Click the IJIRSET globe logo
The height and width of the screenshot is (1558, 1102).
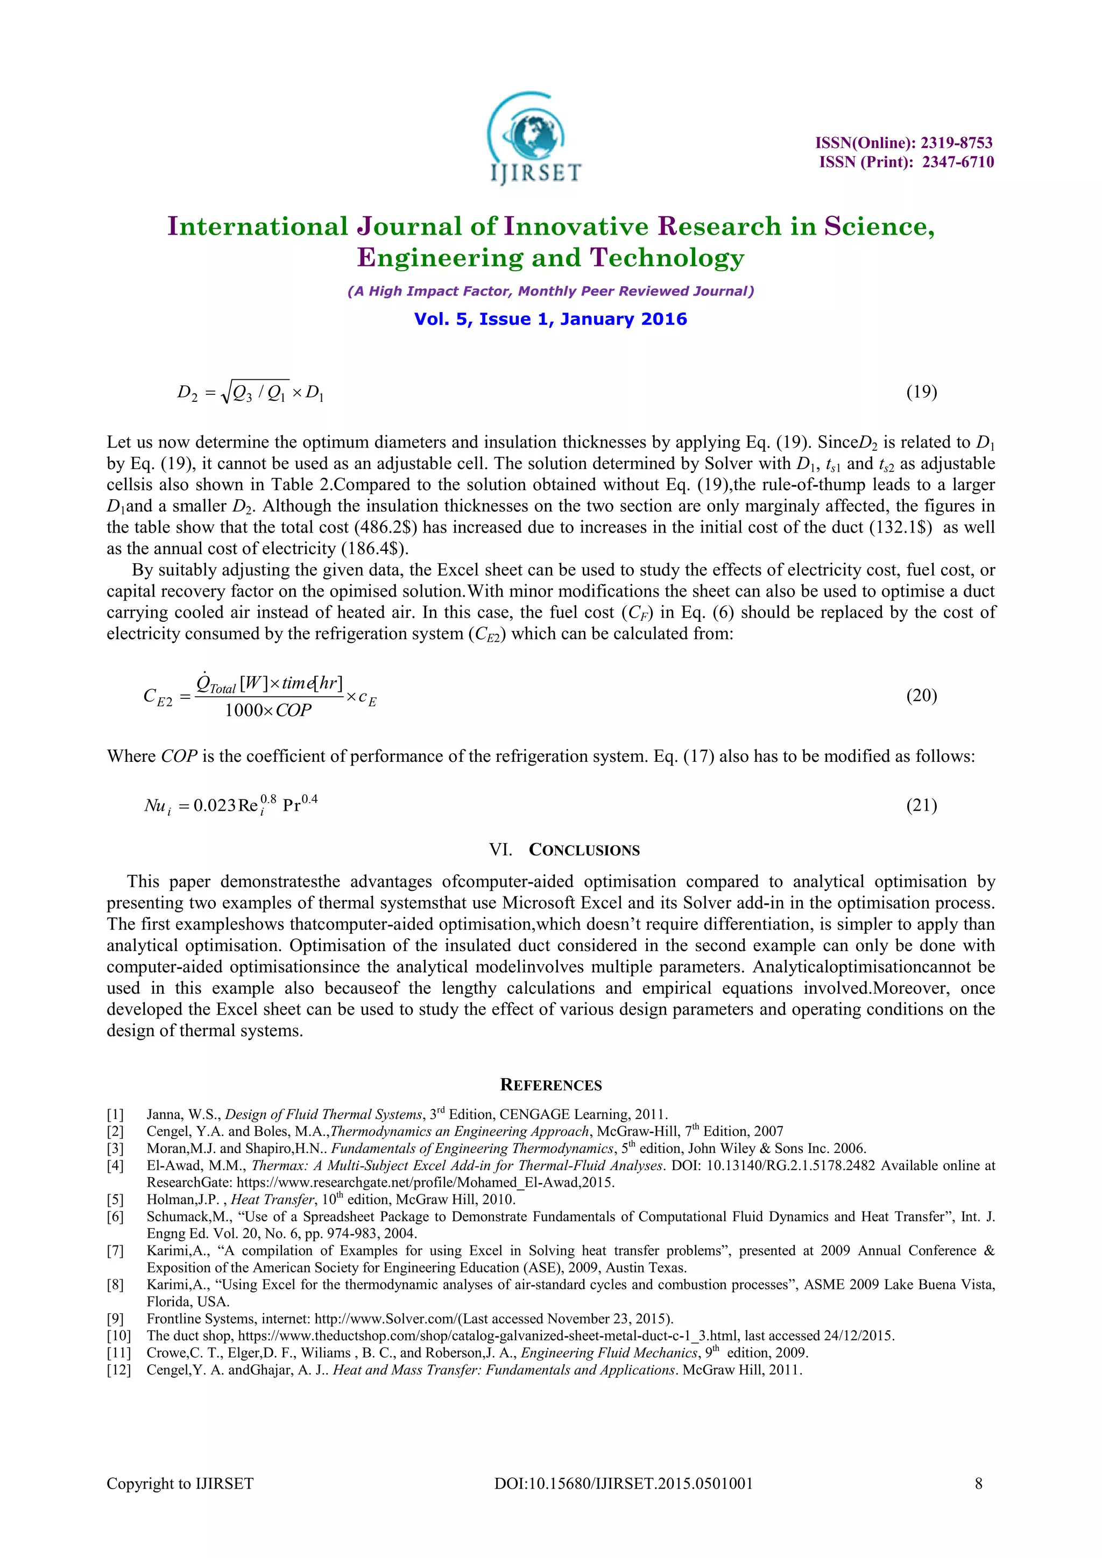[x=534, y=139]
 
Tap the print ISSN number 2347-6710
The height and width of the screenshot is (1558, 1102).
[x=957, y=162]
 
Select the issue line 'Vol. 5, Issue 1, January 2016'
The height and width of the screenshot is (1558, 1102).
[x=550, y=319]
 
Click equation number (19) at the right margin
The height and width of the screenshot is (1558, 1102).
[x=922, y=392]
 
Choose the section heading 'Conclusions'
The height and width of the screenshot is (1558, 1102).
[x=584, y=849]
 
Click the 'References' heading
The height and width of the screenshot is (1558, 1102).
[x=550, y=1085]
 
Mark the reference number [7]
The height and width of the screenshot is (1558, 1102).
[x=115, y=1251]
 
